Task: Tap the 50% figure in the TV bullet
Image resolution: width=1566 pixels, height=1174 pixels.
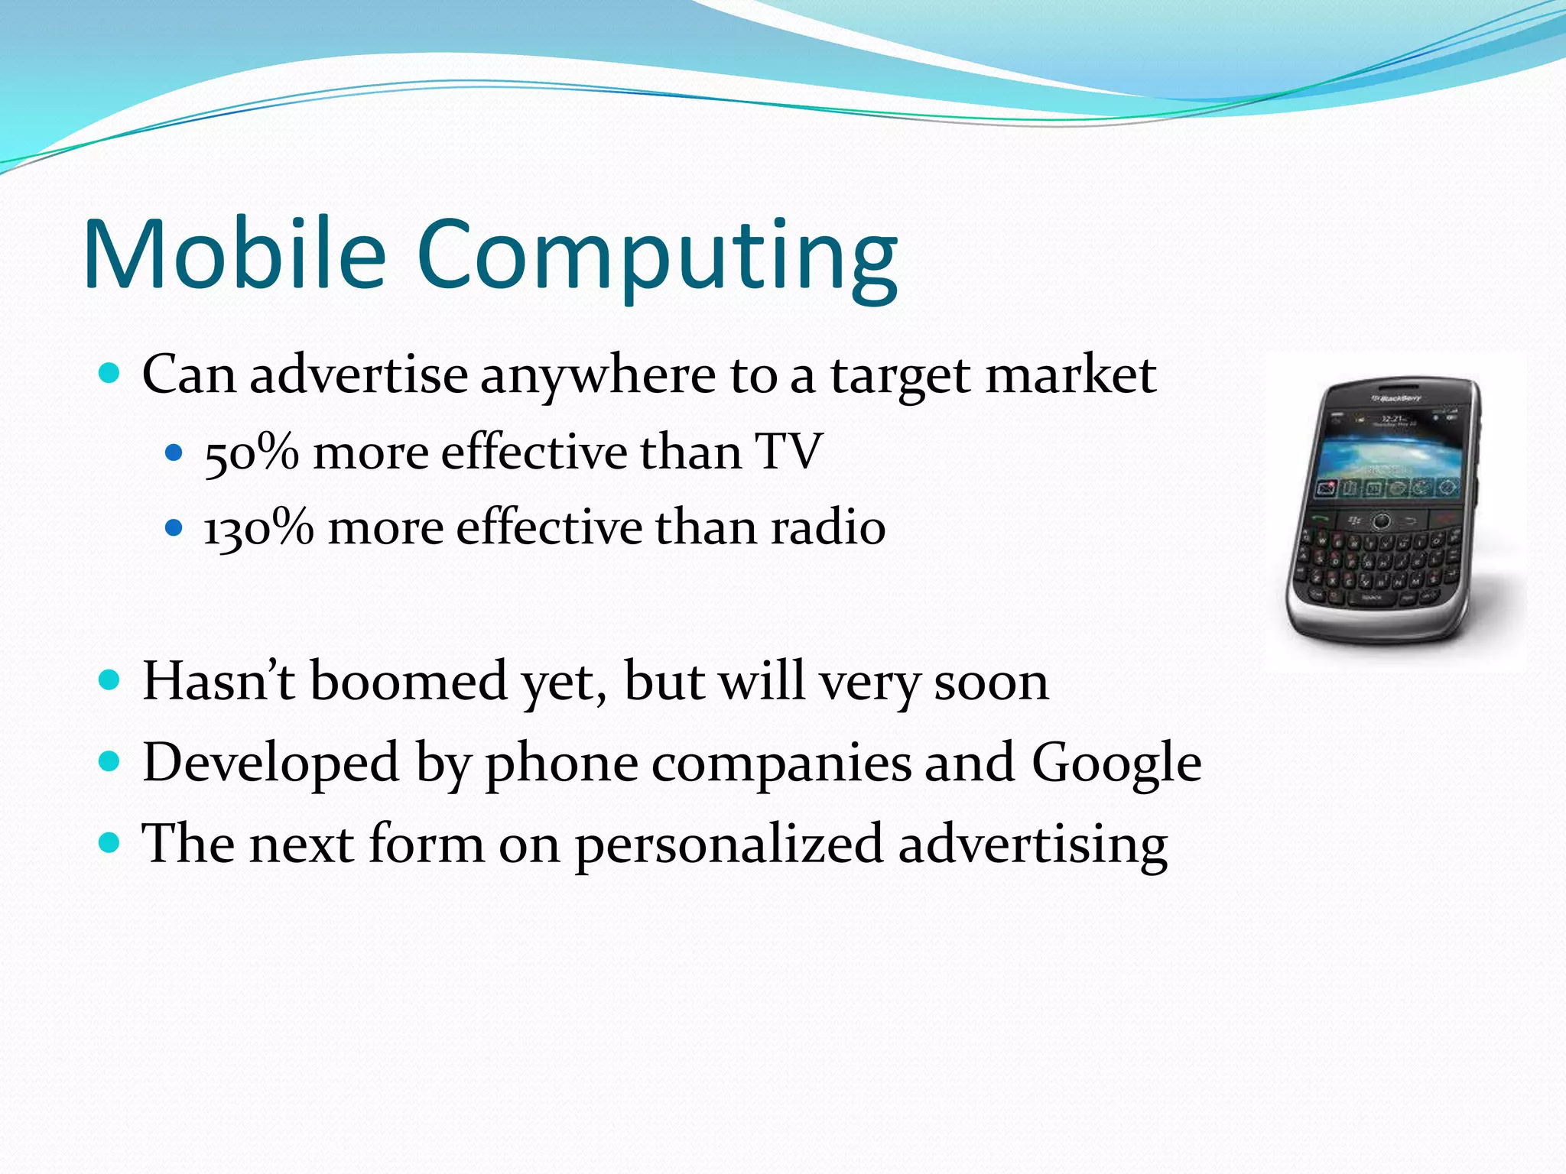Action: (x=252, y=452)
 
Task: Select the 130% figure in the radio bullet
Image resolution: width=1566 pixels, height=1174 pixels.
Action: (x=258, y=527)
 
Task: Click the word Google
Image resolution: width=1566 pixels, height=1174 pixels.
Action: (x=1116, y=763)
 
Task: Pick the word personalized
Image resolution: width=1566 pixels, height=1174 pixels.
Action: (x=729, y=845)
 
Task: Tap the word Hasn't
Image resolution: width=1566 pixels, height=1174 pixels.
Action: (x=219, y=680)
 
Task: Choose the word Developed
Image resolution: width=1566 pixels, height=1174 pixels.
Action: (x=271, y=763)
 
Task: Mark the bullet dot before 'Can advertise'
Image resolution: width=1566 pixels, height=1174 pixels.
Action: (x=110, y=374)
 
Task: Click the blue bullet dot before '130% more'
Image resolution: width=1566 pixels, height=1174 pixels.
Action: (x=174, y=527)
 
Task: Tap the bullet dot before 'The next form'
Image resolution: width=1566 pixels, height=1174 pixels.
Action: (x=110, y=843)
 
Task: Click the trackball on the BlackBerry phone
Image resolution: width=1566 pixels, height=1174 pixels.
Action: (x=1380, y=521)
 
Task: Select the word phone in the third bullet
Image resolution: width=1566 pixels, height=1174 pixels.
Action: (x=562, y=764)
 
